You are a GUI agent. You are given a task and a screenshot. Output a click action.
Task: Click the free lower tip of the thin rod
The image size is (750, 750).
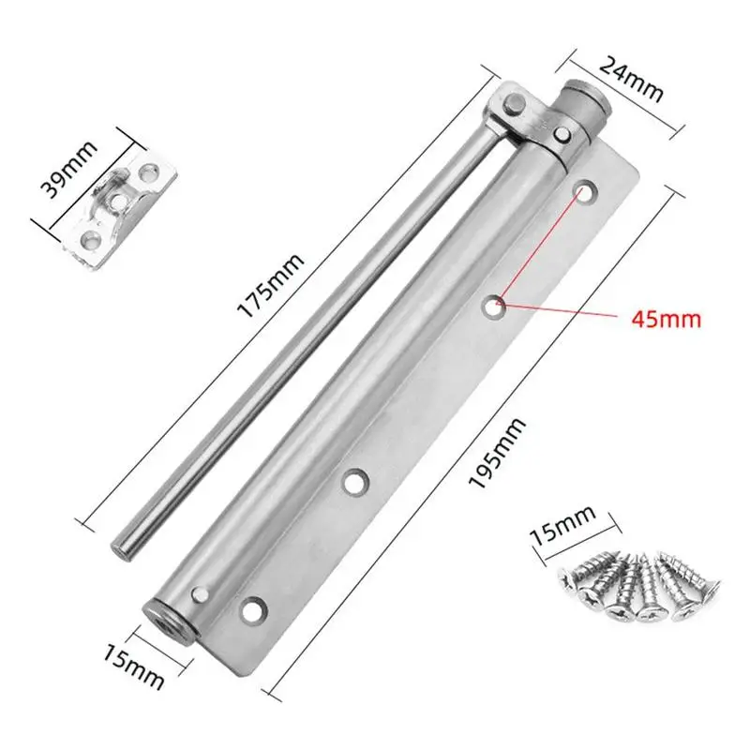pyautogui.click(x=123, y=547)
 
